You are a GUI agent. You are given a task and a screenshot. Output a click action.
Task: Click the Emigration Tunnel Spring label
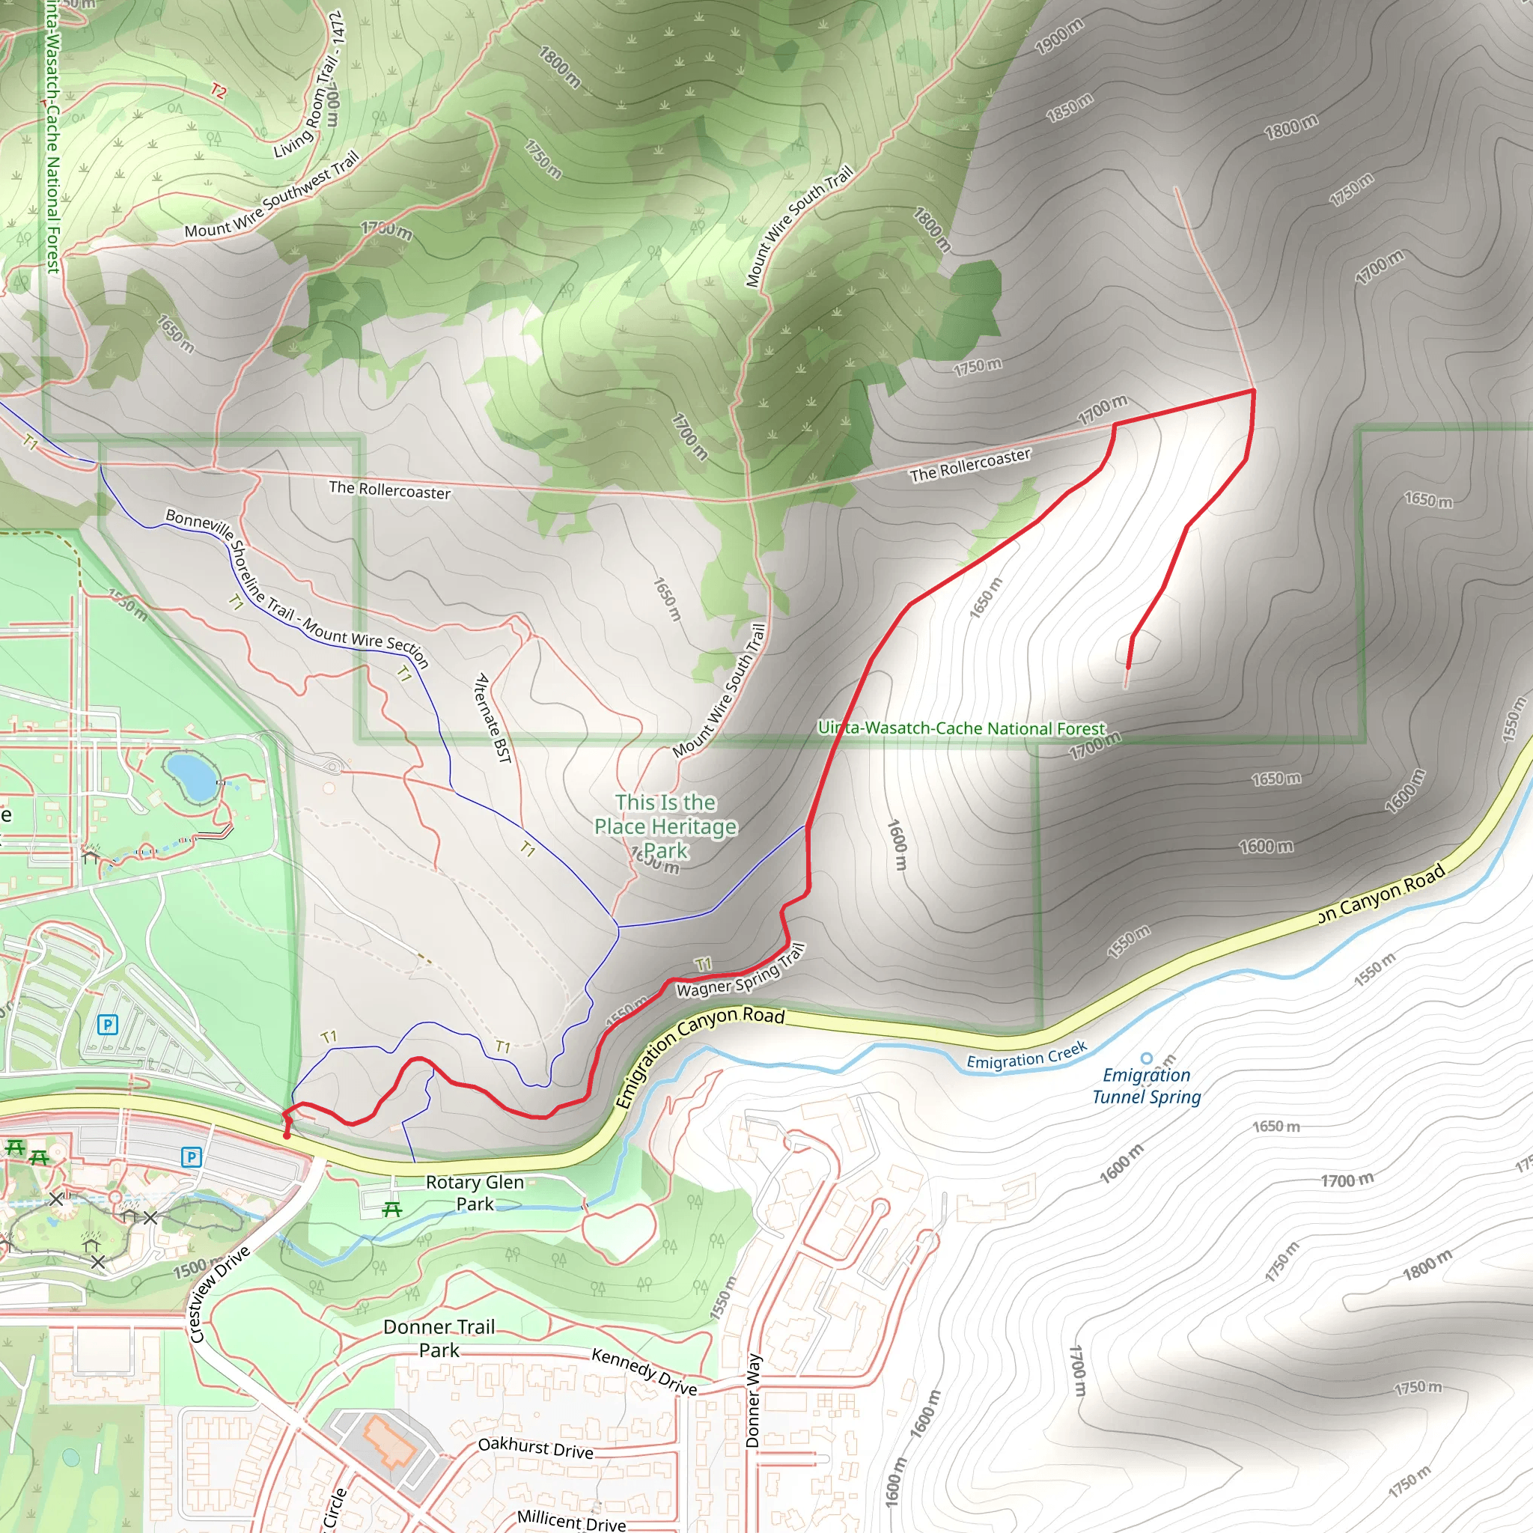tap(1147, 1086)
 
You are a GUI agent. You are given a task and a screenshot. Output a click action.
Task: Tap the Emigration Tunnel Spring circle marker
tap(1146, 1058)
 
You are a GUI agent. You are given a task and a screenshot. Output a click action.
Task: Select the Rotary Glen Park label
tap(475, 1192)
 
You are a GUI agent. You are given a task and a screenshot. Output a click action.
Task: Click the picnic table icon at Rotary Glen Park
tap(391, 1210)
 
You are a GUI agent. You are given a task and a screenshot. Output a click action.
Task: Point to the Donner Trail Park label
tap(439, 1338)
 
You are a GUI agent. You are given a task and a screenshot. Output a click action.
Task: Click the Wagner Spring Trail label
tap(740, 970)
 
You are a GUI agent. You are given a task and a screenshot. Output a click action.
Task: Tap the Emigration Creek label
tap(1027, 1056)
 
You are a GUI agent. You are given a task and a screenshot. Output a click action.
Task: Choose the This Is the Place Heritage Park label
tap(665, 826)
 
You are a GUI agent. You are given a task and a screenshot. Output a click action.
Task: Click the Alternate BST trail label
tap(492, 718)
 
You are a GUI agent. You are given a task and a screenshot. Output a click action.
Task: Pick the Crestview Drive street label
tap(220, 1293)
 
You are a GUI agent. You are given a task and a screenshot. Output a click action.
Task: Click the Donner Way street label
tap(753, 1401)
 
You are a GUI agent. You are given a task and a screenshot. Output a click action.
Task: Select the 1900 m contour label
tap(1058, 37)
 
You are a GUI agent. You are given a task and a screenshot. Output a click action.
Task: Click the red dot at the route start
tap(287, 1136)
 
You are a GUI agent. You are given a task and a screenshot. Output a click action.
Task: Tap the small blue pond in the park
tap(189, 776)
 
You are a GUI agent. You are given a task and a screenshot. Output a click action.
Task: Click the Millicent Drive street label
tap(571, 1519)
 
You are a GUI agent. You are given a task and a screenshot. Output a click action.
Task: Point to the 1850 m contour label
tap(1069, 108)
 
